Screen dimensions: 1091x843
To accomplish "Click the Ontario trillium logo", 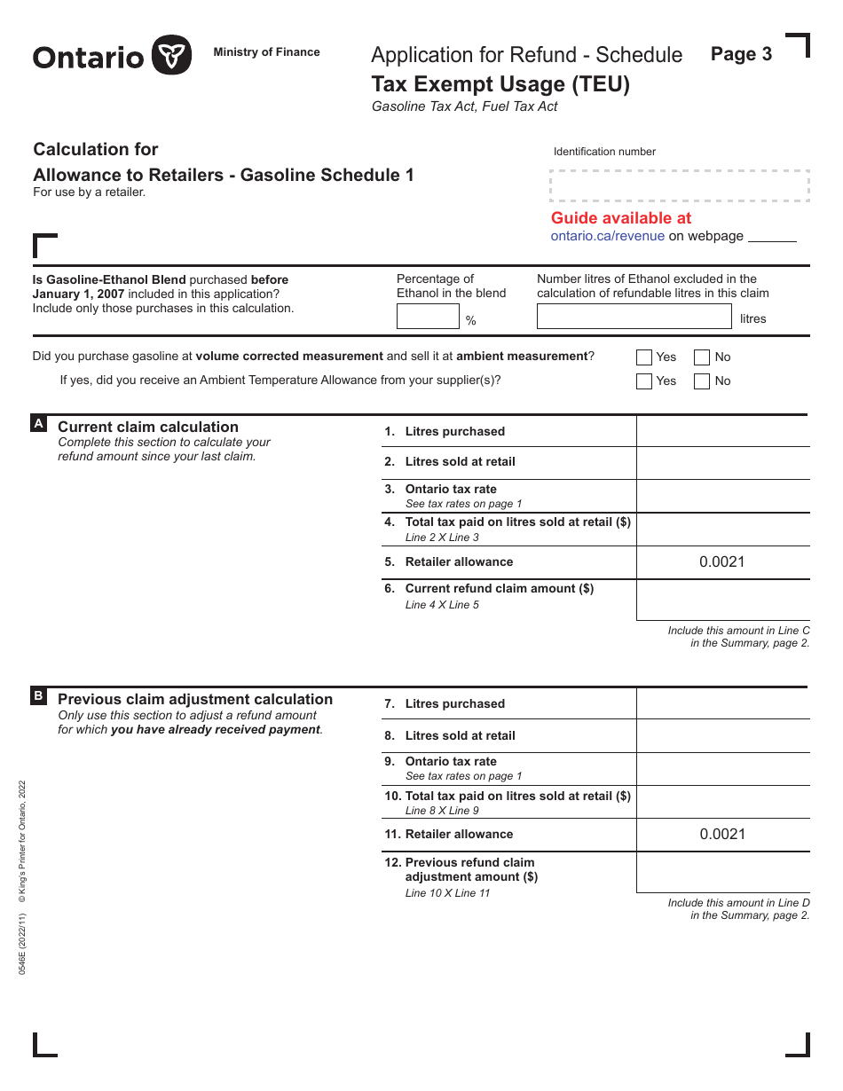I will tap(171, 55).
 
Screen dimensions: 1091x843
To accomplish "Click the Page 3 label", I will tap(741, 54).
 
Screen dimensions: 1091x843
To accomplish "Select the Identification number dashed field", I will tap(679, 185).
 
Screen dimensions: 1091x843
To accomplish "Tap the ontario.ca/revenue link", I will tap(607, 236).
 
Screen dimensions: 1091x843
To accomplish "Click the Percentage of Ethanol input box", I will tap(428, 317).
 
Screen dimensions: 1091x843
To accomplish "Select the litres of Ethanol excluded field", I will tap(634, 317).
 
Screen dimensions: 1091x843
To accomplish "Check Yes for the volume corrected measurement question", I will tap(644, 357).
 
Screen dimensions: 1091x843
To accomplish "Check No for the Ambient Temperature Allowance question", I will tap(702, 381).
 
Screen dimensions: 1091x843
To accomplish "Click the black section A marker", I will tap(39, 424).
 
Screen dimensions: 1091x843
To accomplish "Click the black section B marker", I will tap(39, 696).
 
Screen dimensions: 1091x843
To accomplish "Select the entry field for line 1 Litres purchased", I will tap(722, 431).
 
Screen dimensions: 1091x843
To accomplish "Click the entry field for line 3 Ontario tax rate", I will tap(722, 496).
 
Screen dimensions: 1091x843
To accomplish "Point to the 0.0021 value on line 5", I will tap(722, 561).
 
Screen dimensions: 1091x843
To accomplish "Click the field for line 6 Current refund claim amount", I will tap(722, 600).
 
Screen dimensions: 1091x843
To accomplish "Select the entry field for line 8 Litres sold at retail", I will tap(722, 735).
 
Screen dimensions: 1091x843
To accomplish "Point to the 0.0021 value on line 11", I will tap(722, 834).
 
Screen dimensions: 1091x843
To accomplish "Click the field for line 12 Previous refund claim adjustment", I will tap(722, 872).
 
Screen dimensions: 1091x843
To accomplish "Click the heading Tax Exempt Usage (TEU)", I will tap(500, 84).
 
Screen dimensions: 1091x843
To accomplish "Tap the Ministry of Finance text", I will tap(266, 52).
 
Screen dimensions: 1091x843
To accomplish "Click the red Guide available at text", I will tap(621, 218).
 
